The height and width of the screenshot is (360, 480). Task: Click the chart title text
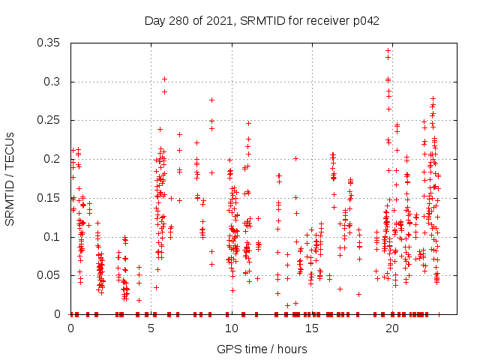pos(262,20)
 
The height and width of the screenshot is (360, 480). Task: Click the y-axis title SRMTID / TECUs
pos(10,178)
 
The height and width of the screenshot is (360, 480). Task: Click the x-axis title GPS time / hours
pos(262,349)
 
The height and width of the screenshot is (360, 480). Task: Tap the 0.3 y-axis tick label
pos(55,82)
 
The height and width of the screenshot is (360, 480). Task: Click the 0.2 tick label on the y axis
pos(55,159)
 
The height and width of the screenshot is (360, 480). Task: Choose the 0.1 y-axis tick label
pos(55,237)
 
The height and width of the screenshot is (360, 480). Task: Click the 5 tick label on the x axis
pos(151,328)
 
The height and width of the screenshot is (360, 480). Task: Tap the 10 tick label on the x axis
pos(232,328)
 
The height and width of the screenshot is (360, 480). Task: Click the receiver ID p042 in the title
pos(366,20)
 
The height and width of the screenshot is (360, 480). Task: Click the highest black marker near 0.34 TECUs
pos(388,50)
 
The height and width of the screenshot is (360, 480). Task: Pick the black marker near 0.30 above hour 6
pos(164,79)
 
